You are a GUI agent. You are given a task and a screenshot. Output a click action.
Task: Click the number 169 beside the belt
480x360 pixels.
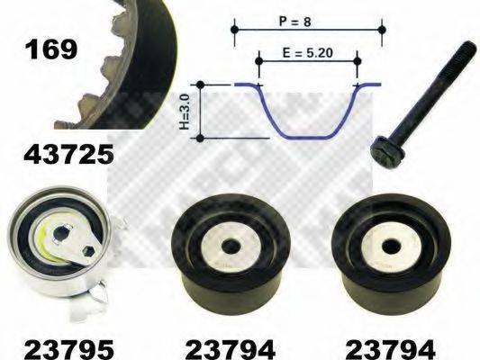pyautogui.click(x=51, y=50)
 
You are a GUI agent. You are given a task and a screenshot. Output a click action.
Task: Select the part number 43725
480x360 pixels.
pyautogui.click(x=68, y=154)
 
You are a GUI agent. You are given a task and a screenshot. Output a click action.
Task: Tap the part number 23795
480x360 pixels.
pyautogui.click(x=68, y=349)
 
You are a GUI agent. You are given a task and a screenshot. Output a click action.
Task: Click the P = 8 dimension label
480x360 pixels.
pyautogui.click(x=295, y=22)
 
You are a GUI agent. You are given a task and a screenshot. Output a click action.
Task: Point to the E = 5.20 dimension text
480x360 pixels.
pyautogui.click(x=307, y=52)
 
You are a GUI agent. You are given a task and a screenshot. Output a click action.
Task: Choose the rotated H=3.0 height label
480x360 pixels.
pyautogui.click(x=186, y=112)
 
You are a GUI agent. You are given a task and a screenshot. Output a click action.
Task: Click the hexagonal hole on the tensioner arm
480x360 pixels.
pyautogui.click(x=87, y=250)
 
